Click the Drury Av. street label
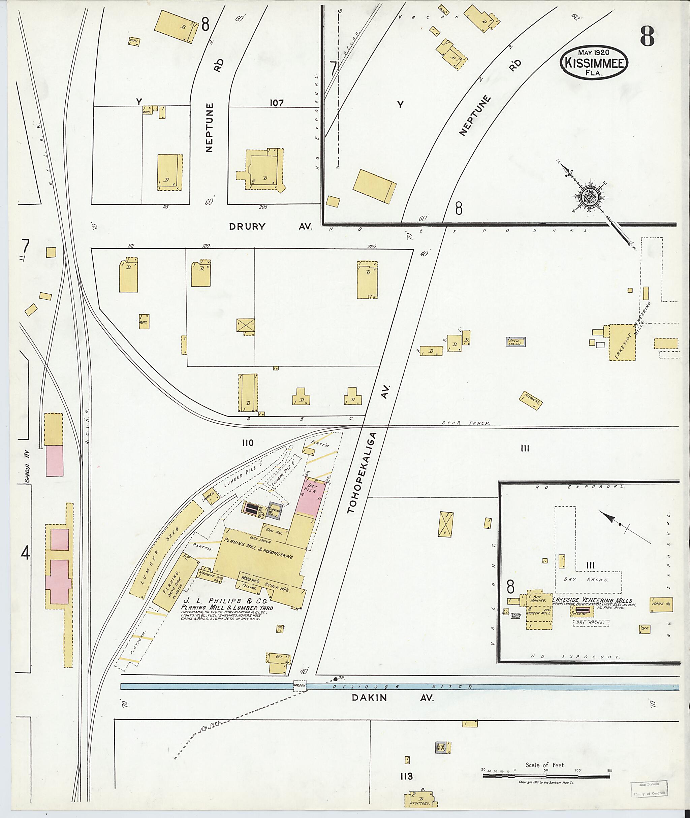pos(270,226)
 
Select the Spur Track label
pos(466,423)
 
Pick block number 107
pos(276,103)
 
